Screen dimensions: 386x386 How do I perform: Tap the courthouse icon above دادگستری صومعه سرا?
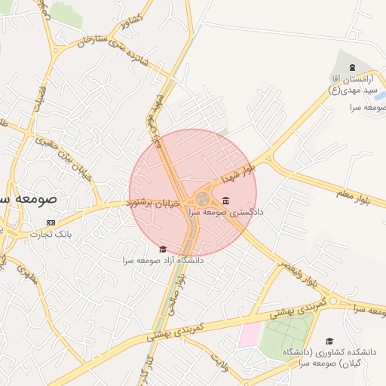(226, 200)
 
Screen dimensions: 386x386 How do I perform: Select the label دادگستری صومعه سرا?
(236, 213)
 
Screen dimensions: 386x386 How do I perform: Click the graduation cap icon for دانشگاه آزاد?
(162, 249)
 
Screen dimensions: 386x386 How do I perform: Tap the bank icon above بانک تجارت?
(51, 222)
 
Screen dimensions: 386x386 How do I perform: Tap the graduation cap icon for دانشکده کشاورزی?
(329, 341)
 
